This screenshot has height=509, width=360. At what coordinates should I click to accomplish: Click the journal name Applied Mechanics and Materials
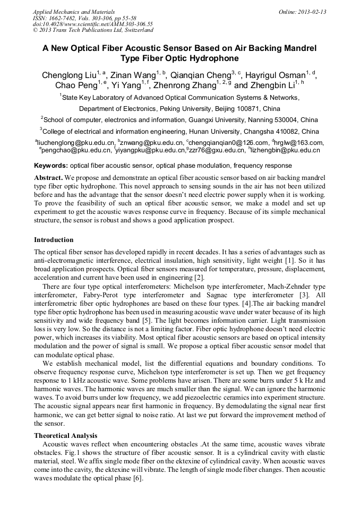click(x=67, y=12)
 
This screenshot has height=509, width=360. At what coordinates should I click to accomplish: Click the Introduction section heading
click(x=54, y=240)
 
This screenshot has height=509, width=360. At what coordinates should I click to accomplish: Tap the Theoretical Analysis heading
click(x=65, y=435)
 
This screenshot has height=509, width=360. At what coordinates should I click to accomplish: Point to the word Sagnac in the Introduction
click(x=221, y=295)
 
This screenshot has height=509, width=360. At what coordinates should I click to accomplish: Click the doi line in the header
click(x=92, y=24)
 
